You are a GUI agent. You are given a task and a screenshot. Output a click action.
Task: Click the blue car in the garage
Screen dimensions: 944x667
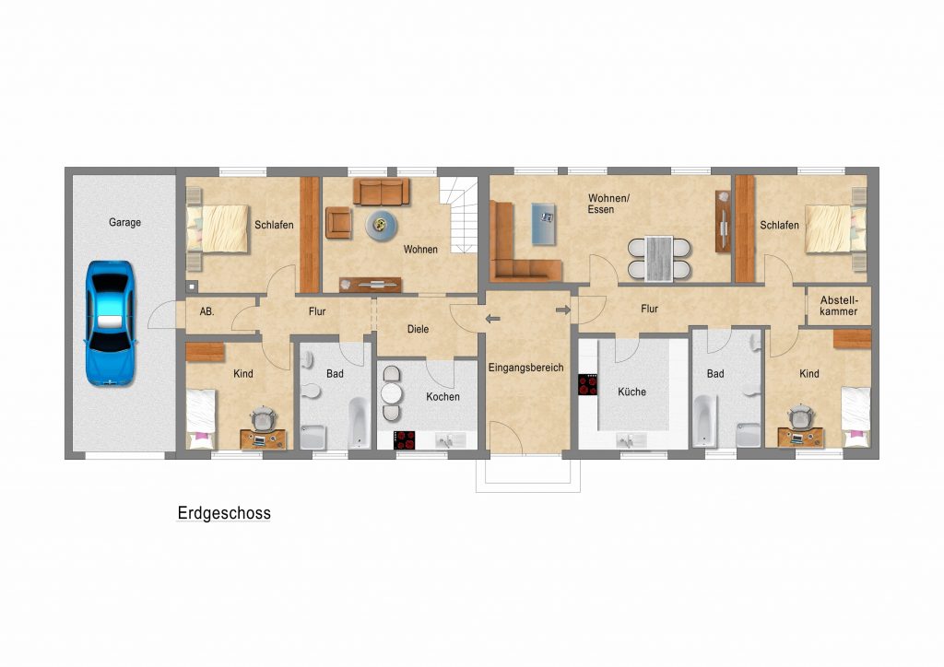(110, 323)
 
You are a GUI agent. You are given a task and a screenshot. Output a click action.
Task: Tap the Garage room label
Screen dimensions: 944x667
(124, 223)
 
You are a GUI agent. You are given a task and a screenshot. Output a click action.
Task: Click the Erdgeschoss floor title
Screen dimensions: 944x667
(224, 513)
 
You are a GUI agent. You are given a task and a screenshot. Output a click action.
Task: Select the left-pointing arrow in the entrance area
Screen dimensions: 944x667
(492, 319)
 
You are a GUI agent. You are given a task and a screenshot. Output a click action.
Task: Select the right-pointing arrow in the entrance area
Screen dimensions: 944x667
(563, 310)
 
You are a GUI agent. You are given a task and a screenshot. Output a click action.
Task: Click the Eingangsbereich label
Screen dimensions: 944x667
(525, 368)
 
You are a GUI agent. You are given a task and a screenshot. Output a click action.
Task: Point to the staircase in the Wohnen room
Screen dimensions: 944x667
(459, 215)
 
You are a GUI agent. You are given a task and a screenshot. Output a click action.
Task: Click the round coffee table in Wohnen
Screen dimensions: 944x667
(381, 225)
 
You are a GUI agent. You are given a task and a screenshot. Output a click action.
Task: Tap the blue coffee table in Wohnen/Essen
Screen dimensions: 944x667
(544, 224)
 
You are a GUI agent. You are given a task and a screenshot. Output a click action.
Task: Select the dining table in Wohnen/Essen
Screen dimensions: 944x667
(658, 259)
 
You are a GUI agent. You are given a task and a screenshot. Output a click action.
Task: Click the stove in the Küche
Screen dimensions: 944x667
(587, 385)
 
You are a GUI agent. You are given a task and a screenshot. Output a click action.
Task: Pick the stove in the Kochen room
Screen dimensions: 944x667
(405, 440)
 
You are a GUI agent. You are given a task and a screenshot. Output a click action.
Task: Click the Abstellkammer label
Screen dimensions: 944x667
(839, 306)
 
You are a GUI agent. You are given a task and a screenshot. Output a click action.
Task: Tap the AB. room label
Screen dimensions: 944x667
(206, 311)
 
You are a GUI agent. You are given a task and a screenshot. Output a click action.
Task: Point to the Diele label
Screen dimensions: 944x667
(418, 329)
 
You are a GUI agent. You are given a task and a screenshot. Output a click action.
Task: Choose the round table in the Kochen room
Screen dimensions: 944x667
(391, 393)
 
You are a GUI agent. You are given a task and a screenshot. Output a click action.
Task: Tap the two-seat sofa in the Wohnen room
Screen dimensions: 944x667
(381, 191)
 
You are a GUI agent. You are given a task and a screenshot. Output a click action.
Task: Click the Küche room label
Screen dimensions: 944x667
(631, 392)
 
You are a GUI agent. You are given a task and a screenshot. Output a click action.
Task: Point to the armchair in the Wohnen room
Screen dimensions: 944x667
(338, 222)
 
